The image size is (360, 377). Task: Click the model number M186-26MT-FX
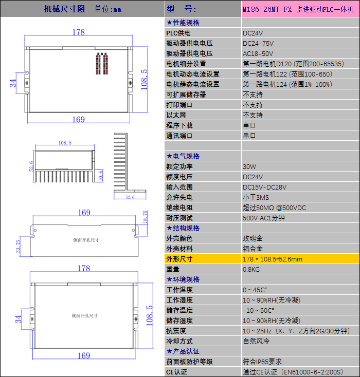point(267,9)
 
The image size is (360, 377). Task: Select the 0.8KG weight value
point(251,269)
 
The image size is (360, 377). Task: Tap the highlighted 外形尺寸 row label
point(179,259)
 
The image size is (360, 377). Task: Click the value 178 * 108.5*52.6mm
point(273,259)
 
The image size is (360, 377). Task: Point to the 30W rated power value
point(249,166)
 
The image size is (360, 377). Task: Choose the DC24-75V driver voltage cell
point(258,43)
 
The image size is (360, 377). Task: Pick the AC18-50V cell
point(258,53)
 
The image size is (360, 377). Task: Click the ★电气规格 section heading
point(183,156)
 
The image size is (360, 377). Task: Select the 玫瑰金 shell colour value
point(253,238)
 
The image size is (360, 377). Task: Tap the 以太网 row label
point(176,115)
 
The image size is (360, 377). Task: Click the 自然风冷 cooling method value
point(256,341)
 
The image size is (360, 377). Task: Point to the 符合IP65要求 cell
point(262,362)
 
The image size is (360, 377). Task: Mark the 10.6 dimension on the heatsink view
point(100,176)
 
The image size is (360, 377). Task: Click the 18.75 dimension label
point(145,217)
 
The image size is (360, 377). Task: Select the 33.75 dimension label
point(18,247)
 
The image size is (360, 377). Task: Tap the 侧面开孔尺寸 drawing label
point(86,240)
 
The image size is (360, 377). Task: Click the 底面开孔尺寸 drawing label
point(85,315)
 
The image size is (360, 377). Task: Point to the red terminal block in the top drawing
point(102,64)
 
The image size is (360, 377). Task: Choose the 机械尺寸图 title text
point(64,9)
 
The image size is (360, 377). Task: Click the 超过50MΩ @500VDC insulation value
point(274,208)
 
